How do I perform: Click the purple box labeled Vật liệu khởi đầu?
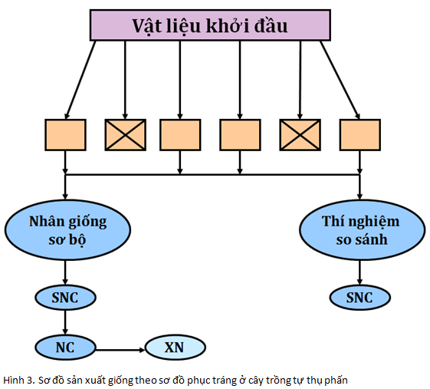pos(209,26)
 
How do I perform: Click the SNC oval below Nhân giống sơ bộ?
pos(67,296)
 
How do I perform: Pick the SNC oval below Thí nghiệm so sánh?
pos(360,296)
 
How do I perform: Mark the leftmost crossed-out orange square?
pos(126,135)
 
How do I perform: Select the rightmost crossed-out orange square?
pos(300,135)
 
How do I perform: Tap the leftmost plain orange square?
pos(65,135)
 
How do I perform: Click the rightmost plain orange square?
pos(360,135)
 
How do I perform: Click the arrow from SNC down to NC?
pos(67,321)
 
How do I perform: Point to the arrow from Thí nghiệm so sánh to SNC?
pos(360,272)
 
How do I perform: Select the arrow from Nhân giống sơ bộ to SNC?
pos(67,272)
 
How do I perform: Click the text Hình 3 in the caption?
pos(17,379)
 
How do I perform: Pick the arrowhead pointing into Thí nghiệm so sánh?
pos(360,197)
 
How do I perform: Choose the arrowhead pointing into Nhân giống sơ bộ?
pos(67,197)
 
